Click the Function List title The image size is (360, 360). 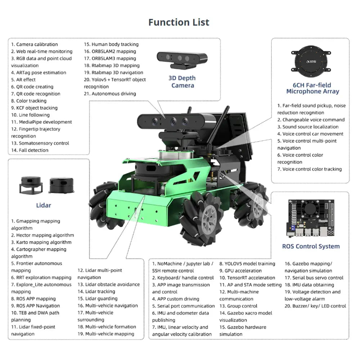(179, 22)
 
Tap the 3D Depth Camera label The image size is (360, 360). (182, 82)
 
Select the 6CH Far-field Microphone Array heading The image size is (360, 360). (312, 88)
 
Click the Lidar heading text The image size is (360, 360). (44, 205)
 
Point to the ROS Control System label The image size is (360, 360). (311, 246)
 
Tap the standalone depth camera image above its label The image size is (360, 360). (182, 60)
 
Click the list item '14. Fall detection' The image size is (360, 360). (30, 150)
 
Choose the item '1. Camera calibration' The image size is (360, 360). (34, 44)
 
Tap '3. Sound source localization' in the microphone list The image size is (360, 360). (308, 127)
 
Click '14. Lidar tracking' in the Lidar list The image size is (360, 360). (96, 292)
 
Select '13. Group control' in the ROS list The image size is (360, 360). (238, 306)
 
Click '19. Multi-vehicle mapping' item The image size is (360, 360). (106, 334)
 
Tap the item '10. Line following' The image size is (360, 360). (30, 115)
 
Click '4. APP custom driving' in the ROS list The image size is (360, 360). (176, 299)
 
